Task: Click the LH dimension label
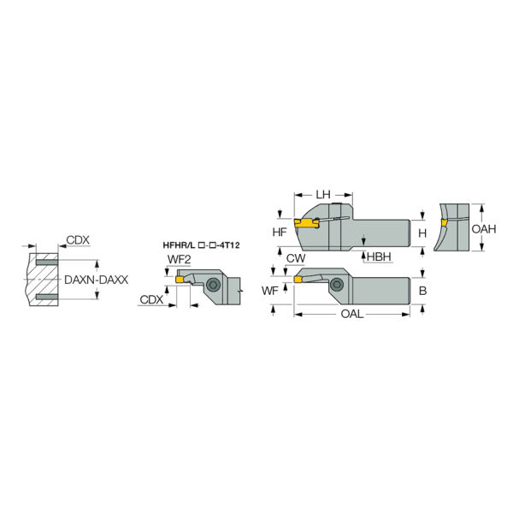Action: pyautogui.click(x=323, y=195)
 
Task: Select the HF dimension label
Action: pyautogui.click(x=280, y=232)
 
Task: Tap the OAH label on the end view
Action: pyautogui.click(x=484, y=228)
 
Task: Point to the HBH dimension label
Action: pyautogui.click(x=379, y=256)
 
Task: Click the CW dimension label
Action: pyautogui.click(x=296, y=258)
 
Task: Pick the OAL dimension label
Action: pyautogui.click(x=352, y=314)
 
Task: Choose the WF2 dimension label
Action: pyautogui.click(x=179, y=259)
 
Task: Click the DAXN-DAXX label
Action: pyautogui.click(x=96, y=280)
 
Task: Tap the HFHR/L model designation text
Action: pyautogui.click(x=201, y=245)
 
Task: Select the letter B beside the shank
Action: pyautogui.click(x=422, y=291)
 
